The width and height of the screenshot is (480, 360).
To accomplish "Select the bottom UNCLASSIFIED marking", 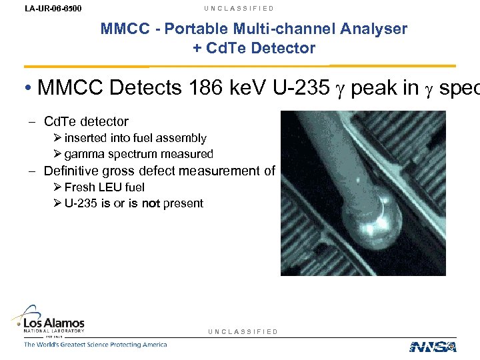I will tap(243, 332).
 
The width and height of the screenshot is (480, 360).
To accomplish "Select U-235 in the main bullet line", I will tap(305, 87).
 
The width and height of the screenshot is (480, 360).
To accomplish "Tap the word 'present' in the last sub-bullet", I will tap(183, 203).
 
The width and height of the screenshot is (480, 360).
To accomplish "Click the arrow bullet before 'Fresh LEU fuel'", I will tap(58, 187).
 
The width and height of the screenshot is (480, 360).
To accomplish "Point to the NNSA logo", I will tap(433, 346).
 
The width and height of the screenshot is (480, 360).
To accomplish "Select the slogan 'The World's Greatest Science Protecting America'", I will tap(95, 345).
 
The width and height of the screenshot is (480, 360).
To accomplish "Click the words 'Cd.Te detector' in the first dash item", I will tap(85, 121).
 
